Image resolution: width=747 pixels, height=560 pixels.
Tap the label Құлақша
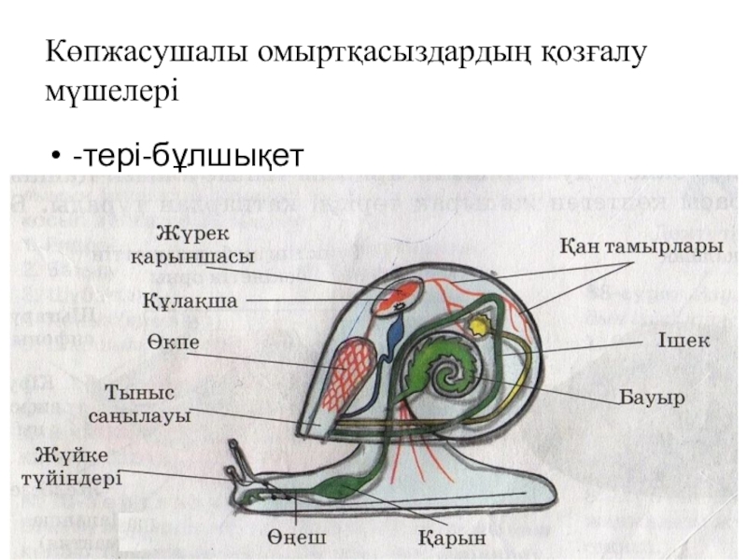190,301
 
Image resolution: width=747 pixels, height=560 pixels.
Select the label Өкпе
173,343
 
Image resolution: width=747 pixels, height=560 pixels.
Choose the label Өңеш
298,539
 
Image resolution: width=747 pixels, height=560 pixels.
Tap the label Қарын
452,539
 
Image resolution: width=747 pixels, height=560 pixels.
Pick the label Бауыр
654,398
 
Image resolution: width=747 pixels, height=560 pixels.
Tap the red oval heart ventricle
398,298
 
